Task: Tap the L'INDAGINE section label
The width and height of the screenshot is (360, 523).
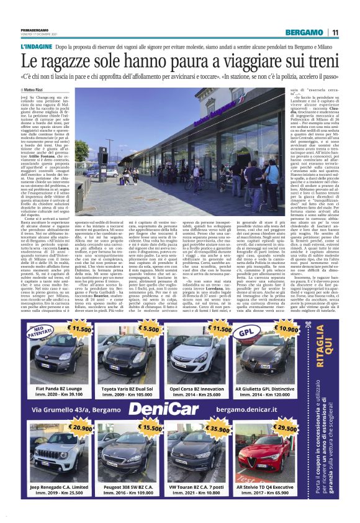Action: [37, 47]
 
